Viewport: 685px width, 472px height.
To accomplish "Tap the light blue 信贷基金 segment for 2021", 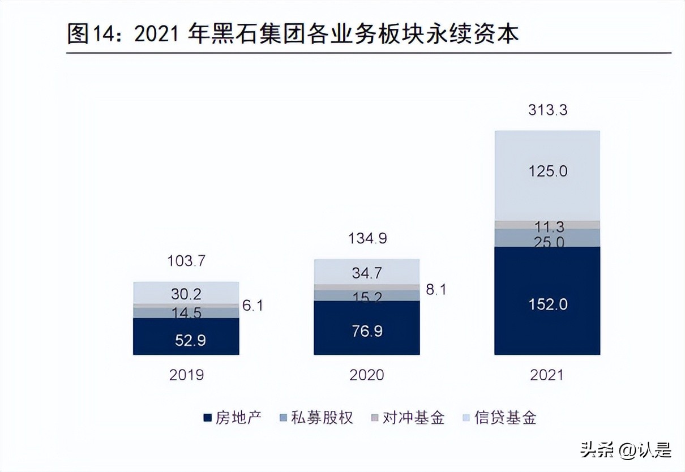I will click(547, 175).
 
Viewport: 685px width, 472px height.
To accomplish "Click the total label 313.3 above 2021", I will click(547, 110).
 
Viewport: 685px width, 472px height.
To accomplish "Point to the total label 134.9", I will click(367, 238).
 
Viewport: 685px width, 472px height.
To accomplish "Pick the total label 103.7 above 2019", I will click(186, 261).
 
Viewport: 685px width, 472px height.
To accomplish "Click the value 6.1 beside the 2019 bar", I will click(252, 306).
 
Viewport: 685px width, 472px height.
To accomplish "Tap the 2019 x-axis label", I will click(186, 375).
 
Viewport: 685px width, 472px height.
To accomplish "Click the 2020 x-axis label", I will click(367, 375).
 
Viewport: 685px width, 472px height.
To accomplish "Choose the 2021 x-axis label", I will click(547, 375).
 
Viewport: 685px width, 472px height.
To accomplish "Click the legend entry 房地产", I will click(232, 418).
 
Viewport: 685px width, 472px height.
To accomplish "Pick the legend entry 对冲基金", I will click(407, 418).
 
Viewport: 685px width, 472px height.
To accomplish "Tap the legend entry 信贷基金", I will click(499, 418).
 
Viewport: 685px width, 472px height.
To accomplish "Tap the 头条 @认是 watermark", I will click(625, 450).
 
